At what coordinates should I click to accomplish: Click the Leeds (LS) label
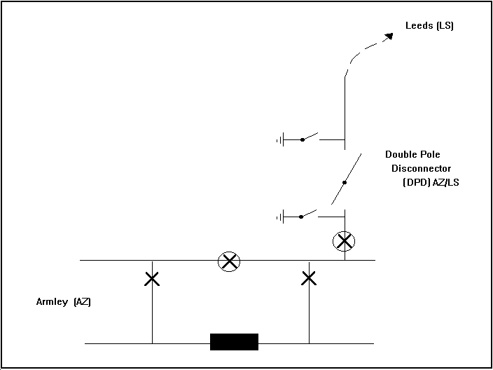coord(429,27)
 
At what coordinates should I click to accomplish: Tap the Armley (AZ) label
coord(64,302)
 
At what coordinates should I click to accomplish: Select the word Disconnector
coord(421,168)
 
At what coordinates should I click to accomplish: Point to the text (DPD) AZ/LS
coord(431,182)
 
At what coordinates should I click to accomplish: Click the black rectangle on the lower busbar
coord(235,342)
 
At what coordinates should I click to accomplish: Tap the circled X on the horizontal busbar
coord(229,261)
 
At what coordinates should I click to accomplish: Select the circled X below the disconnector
coord(344,242)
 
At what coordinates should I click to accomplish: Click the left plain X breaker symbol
coord(151,279)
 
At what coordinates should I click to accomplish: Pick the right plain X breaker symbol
coord(309,279)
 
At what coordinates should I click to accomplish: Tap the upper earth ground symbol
coord(280,140)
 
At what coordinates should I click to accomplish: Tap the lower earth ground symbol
coord(280,217)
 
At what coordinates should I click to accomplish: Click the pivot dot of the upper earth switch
coord(303,140)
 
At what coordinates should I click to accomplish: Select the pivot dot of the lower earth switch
coord(303,217)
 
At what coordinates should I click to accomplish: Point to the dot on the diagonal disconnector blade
coord(344,183)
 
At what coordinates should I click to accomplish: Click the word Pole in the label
coord(431,154)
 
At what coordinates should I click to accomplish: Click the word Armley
coord(52,302)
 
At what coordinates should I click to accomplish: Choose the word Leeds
coord(419,27)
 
